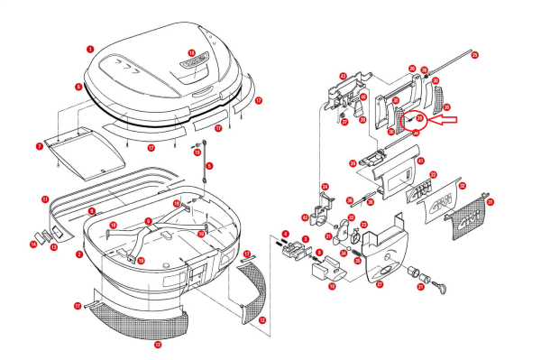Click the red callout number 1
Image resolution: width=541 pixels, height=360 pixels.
coord(90,48)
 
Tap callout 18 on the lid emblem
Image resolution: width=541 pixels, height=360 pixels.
coord(191,53)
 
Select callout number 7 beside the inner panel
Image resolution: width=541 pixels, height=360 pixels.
coord(40,144)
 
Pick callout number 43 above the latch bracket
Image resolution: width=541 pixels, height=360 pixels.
coord(343,77)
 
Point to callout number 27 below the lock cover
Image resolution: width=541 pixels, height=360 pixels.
coord(380,284)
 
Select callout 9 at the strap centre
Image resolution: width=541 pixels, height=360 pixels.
coord(148,221)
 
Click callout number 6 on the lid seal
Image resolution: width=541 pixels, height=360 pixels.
coord(78,88)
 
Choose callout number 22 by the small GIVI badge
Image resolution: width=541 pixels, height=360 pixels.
coord(433,174)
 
